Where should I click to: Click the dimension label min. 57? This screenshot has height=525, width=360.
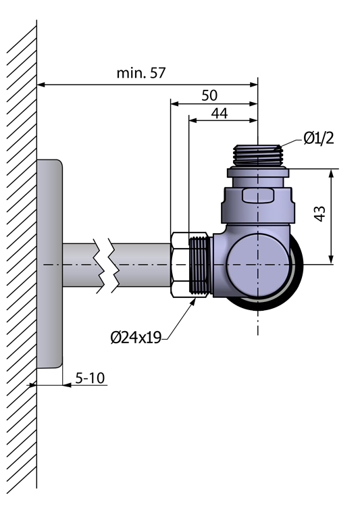pyautogui.click(x=141, y=73)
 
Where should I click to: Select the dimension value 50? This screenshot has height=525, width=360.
pyautogui.click(x=209, y=95)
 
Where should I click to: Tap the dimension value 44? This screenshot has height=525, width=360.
pyautogui.click(x=220, y=114)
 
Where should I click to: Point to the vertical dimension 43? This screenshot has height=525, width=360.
pyautogui.click(x=320, y=214)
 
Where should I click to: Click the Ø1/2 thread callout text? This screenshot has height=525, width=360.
pyautogui.click(x=319, y=138)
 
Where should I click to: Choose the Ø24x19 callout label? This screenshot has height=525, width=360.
pyautogui.click(x=136, y=338)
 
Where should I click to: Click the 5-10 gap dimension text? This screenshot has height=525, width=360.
pyautogui.click(x=90, y=378)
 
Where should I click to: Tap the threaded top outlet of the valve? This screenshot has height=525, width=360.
pyautogui.click(x=258, y=155)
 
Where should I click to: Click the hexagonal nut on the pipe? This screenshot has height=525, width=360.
pyautogui.click(x=180, y=264)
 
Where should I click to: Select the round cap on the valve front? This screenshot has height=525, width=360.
pyautogui.click(x=258, y=265)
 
